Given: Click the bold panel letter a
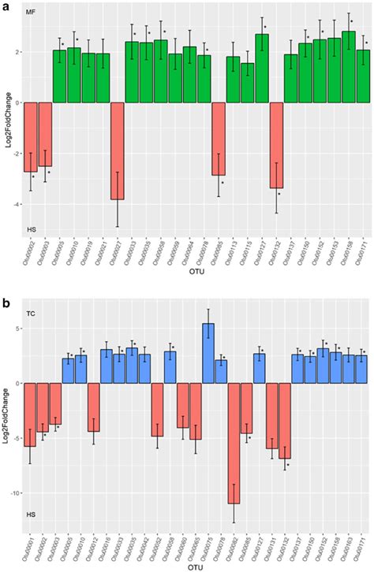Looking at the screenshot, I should tap(5, 6).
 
